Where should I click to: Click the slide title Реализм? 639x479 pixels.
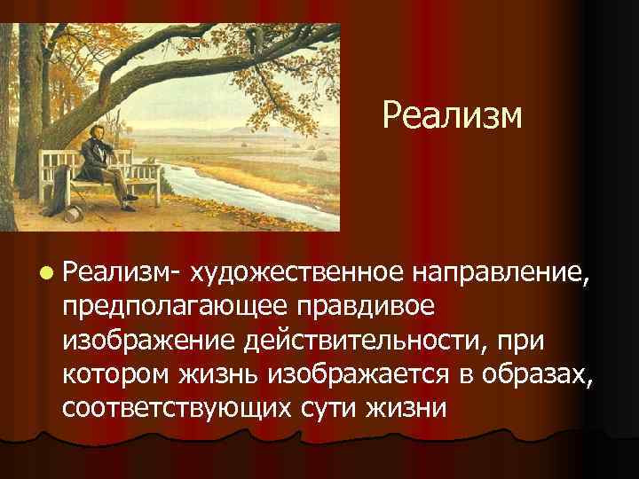pos(453,116)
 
